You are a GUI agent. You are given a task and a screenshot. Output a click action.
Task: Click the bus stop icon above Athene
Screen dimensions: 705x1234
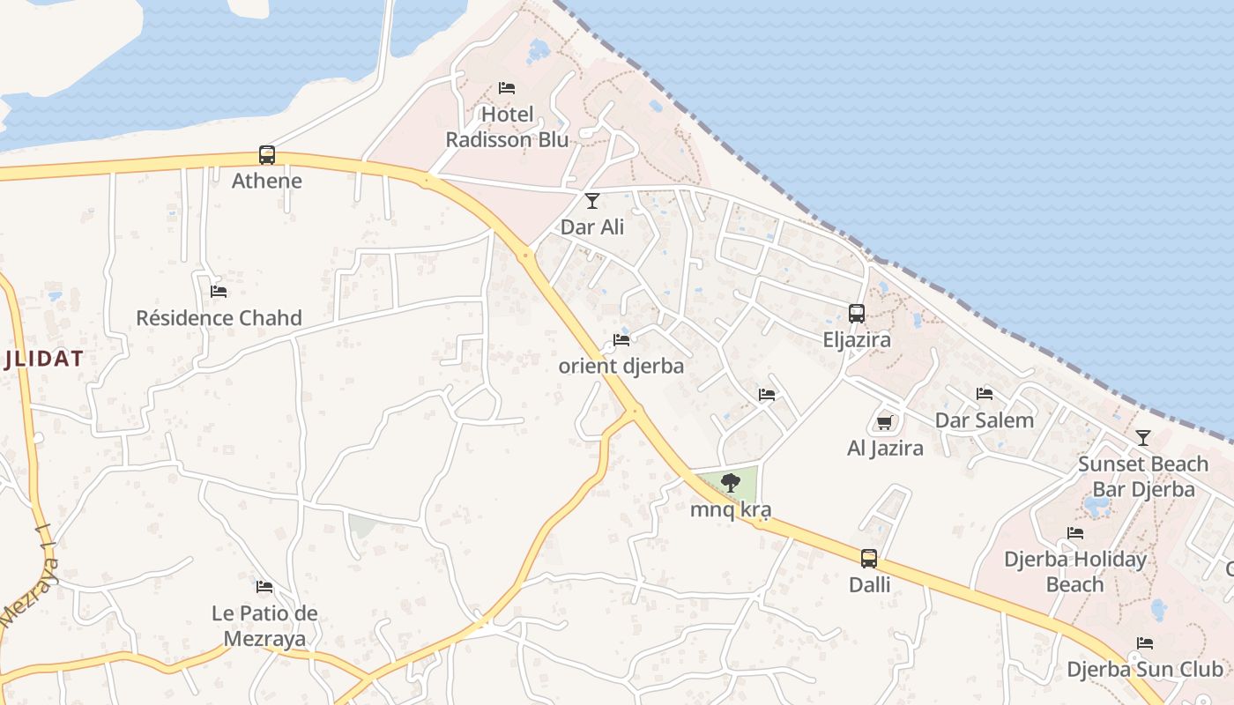(266, 155)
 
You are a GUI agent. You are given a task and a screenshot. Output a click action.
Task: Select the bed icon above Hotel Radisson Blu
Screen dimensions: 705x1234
(507, 88)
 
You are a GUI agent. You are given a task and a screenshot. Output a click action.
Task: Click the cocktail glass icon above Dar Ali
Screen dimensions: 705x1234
(592, 201)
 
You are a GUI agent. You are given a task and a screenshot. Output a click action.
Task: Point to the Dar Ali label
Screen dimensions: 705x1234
(592, 226)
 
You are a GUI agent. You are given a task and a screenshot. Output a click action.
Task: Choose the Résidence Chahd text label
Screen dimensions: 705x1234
(219, 317)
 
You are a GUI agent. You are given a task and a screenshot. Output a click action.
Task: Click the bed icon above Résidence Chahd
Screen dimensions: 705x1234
(219, 291)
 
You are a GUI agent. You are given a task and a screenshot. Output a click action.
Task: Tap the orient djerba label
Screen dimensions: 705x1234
(621, 365)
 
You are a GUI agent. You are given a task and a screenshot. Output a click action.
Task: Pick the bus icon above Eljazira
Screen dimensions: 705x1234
(856, 314)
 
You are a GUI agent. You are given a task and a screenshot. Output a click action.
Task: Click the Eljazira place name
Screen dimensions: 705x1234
(857, 339)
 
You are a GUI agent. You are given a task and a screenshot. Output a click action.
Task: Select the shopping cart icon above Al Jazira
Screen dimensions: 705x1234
(885, 422)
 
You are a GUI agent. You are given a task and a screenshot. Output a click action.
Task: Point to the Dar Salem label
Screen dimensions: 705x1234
(985, 419)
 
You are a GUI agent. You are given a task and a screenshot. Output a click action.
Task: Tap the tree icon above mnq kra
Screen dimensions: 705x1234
(730, 483)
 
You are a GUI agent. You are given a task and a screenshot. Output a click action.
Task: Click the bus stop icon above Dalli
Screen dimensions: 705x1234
(869, 559)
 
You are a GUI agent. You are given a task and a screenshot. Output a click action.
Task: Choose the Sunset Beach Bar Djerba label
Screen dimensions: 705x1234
(1143, 476)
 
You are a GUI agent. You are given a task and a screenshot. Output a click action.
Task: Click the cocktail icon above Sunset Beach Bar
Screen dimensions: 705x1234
(1143, 437)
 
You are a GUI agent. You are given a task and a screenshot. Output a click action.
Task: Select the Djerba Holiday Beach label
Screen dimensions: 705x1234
(1075, 571)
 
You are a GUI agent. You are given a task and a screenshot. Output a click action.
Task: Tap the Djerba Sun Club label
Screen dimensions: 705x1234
(1145, 669)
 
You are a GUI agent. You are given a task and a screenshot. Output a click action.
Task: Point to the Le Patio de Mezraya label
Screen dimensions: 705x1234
(264, 625)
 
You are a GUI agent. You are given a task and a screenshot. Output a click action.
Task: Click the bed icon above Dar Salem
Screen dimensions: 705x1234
(985, 393)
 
